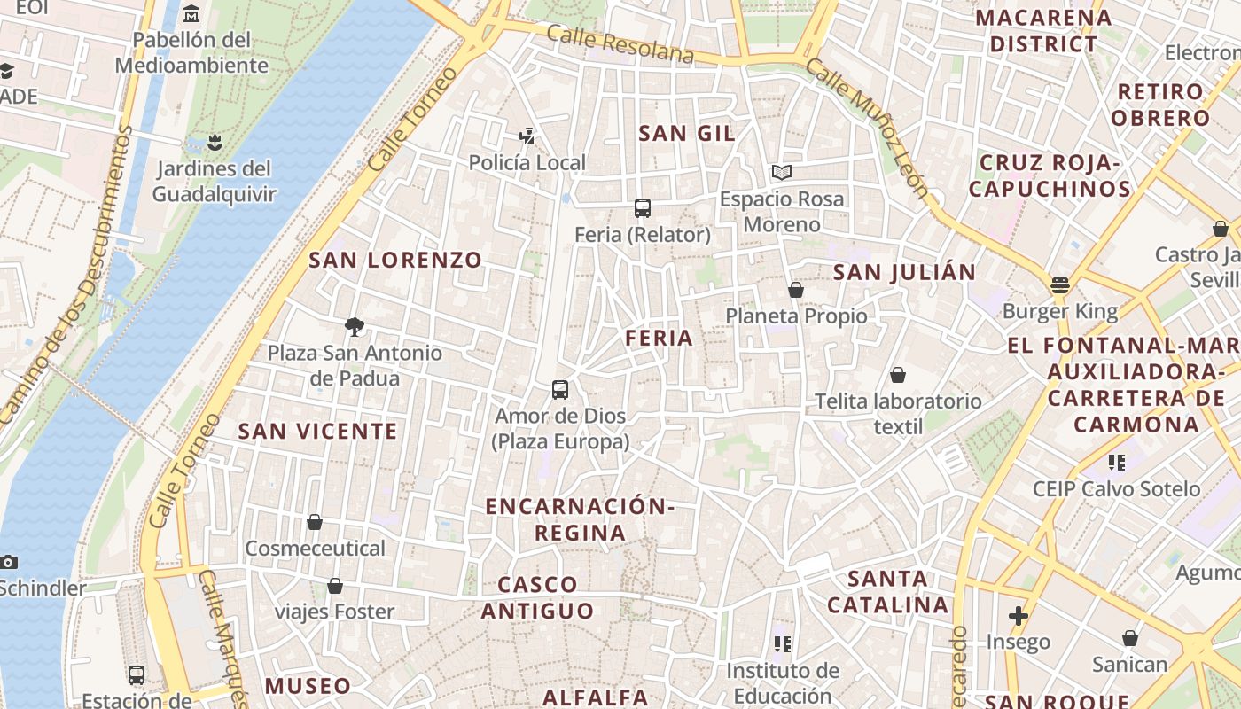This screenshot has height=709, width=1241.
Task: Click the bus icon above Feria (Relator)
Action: [x=643, y=208]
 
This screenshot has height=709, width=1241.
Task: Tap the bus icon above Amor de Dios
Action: [x=560, y=389]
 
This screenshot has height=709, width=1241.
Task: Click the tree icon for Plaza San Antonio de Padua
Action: [x=355, y=326]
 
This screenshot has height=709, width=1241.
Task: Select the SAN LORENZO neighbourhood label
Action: [x=395, y=260]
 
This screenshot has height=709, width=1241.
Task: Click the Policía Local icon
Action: [x=527, y=136]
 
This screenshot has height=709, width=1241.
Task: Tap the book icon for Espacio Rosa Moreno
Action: [x=781, y=172]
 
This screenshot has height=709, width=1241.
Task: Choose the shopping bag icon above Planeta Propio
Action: [x=796, y=290]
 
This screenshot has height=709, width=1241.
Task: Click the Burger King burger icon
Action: [x=1060, y=285]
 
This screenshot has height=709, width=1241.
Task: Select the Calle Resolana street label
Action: [x=620, y=44]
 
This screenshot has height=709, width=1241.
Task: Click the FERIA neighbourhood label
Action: [x=659, y=338]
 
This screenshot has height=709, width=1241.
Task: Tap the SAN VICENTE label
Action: [x=318, y=432]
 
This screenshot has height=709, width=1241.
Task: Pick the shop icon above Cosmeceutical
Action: [x=315, y=522]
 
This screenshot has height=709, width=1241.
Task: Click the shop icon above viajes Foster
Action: [x=335, y=586]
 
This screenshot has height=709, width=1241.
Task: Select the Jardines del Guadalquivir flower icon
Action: [x=214, y=142]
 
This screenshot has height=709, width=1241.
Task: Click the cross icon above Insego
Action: [x=1019, y=615]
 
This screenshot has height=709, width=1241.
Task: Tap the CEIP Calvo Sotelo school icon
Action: [x=1116, y=462]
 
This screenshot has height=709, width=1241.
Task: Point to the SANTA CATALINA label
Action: [x=887, y=592]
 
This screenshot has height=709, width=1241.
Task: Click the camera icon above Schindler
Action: [x=9, y=562]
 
